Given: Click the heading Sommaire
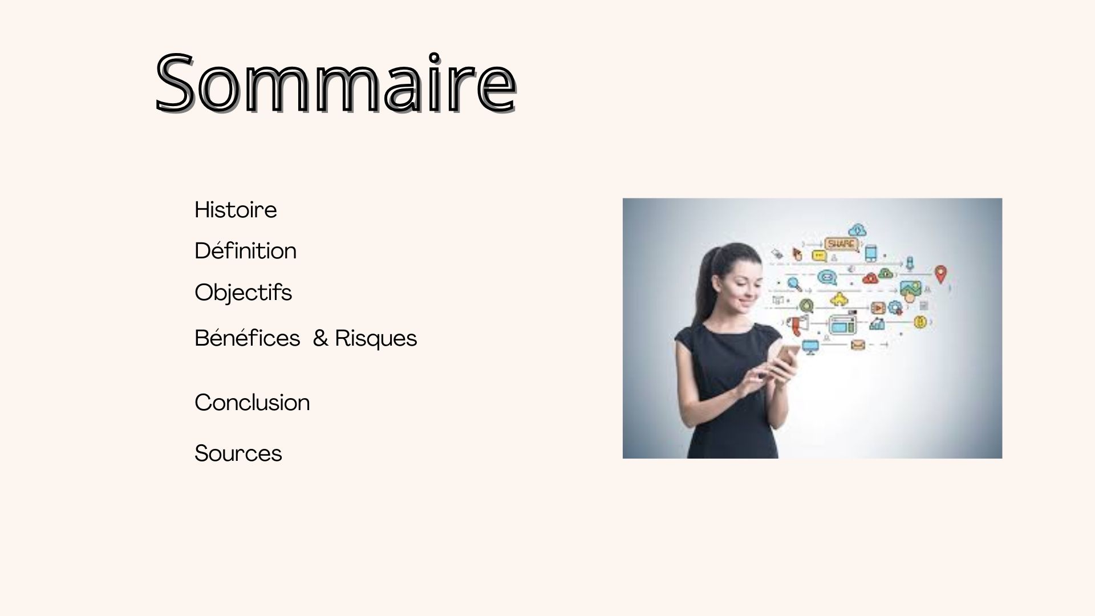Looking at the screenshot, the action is tap(336, 83).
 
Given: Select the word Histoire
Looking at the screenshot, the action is tap(236, 210).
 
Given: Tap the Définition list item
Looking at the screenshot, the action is tap(245, 251).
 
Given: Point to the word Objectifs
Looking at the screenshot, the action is tap(243, 293).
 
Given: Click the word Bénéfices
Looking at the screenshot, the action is tap(247, 338).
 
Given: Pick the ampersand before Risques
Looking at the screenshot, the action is tap(321, 339).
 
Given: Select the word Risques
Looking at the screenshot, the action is tap(376, 339).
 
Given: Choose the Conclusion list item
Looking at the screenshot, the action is tap(252, 403).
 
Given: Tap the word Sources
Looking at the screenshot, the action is tap(238, 454).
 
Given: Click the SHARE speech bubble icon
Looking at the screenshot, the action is tap(841, 245).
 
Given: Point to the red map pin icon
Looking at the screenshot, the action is tap(940, 274).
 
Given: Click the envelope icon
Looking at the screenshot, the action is tap(858, 345).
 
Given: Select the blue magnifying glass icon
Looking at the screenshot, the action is tap(794, 283).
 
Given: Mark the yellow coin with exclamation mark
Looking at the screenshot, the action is tap(919, 322).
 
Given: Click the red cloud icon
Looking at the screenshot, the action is tap(870, 279).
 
